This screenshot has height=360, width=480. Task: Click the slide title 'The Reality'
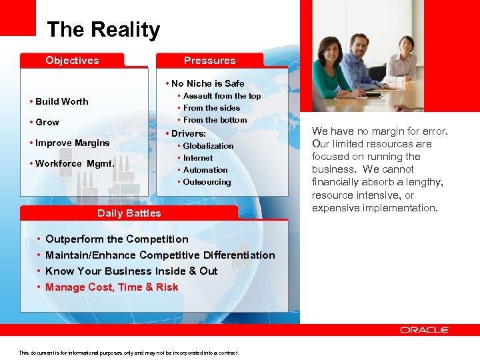[x=103, y=30]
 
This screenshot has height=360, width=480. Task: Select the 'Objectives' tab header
[x=72, y=61]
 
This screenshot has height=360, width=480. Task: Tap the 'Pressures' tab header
[x=209, y=61]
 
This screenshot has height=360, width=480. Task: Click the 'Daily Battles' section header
[x=129, y=213]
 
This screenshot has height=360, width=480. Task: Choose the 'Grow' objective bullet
[x=47, y=122]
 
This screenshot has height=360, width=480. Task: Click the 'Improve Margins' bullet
[x=72, y=143]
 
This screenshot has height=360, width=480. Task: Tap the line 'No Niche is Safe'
[x=207, y=83]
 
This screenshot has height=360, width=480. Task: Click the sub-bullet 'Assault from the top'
[x=221, y=96]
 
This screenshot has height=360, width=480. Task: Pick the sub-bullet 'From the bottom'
[x=215, y=120]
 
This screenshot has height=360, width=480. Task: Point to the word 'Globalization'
[x=208, y=146]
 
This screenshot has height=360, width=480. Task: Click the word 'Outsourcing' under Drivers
[x=207, y=182]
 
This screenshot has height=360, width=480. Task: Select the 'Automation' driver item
[x=205, y=170]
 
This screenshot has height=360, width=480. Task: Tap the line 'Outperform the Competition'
[x=117, y=239]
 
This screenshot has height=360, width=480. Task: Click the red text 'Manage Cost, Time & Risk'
[x=111, y=287]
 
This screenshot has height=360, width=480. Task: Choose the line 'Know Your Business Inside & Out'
[x=131, y=271]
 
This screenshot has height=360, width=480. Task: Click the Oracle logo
[x=425, y=330]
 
